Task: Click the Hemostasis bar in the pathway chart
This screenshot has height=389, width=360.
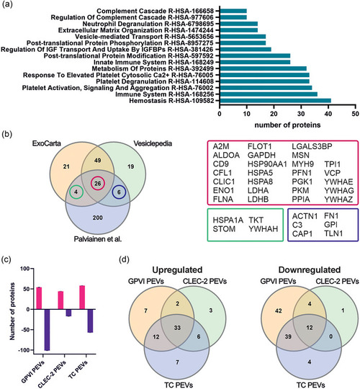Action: (x=276, y=100)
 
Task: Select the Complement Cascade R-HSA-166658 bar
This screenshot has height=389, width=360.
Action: (x=233, y=11)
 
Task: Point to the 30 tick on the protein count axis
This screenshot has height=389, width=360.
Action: (x=301, y=114)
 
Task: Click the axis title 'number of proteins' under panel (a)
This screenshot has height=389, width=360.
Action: (x=287, y=125)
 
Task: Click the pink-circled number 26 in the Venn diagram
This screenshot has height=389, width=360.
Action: (x=98, y=184)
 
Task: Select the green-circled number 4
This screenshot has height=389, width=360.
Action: (x=76, y=192)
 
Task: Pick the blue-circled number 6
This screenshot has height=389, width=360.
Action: (x=119, y=192)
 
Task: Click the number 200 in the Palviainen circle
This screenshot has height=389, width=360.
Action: (x=98, y=218)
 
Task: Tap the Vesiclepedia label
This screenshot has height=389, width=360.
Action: (x=153, y=143)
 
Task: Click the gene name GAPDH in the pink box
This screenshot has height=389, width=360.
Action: (x=261, y=156)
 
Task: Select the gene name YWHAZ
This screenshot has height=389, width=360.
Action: (x=338, y=200)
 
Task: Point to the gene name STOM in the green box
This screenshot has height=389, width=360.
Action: (x=224, y=229)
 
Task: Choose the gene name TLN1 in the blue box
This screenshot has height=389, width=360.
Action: (x=333, y=233)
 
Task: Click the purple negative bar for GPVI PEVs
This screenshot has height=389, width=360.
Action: (x=47, y=330)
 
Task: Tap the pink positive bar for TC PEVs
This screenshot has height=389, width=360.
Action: (x=82, y=298)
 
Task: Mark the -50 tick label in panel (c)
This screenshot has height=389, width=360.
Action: (x=25, y=330)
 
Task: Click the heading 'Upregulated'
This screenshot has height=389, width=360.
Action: (x=177, y=269)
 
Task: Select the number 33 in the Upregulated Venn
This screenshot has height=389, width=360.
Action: (x=177, y=328)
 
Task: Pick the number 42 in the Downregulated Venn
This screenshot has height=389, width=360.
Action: (x=279, y=310)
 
